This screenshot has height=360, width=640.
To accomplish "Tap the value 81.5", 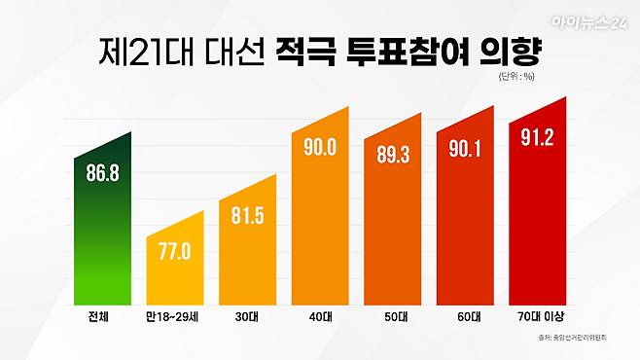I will coord(248,214).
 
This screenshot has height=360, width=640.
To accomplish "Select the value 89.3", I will coord(392,154).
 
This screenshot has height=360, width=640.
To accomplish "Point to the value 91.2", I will coord(537,137).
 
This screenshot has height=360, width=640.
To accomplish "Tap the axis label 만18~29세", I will coord(175,317).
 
